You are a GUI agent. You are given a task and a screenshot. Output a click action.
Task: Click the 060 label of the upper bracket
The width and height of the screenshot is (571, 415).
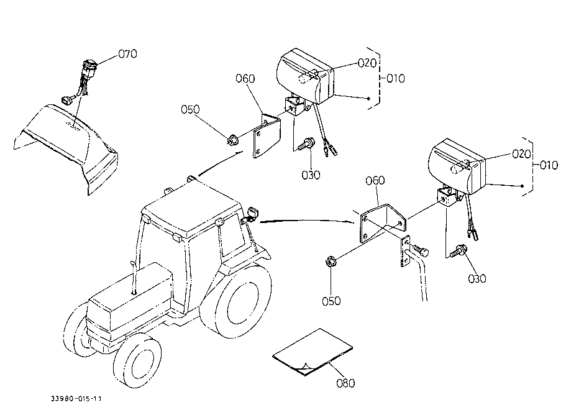[245, 78]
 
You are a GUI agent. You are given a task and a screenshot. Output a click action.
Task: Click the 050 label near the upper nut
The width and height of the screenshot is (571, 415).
[190, 109]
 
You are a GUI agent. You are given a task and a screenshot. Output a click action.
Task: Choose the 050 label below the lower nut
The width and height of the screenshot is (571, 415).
[331, 301]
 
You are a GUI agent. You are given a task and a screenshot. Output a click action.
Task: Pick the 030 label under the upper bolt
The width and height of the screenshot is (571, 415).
[311, 175]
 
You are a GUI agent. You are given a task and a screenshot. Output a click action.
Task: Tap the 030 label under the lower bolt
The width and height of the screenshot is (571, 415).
[477, 278]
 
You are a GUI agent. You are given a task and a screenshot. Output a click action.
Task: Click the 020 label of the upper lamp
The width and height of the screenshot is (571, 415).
[368, 63]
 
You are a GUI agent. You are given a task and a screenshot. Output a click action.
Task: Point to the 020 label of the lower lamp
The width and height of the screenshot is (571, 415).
[521, 153]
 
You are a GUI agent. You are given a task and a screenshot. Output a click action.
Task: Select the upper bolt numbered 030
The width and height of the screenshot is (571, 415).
[305, 145]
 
